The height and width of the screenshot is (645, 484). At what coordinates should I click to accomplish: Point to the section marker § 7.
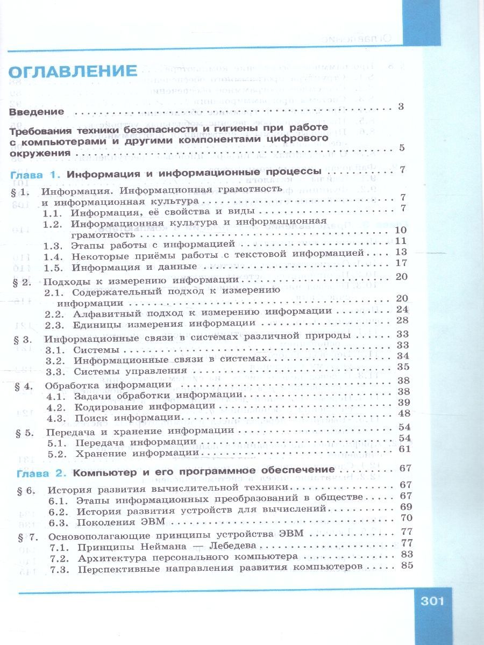click(x=27, y=535)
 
